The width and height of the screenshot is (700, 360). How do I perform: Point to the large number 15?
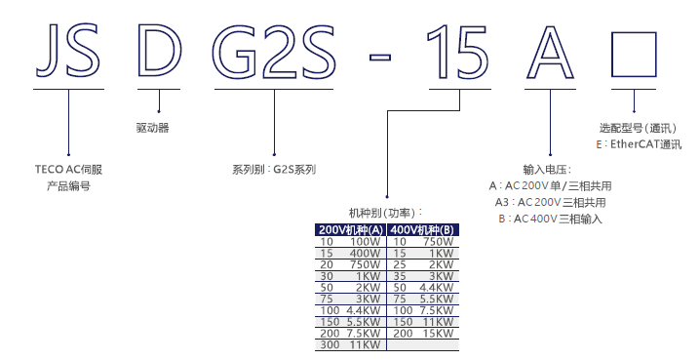point(458,52)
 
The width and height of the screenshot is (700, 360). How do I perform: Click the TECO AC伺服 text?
point(68,169)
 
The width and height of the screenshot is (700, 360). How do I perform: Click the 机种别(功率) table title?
point(386,212)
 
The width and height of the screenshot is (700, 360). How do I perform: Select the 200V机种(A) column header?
point(351,229)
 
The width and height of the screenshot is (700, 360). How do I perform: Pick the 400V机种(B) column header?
point(423,229)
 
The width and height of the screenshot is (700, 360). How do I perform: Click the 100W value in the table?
point(366,241)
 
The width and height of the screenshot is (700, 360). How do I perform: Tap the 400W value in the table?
point(366,253)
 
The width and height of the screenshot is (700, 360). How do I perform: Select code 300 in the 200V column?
point(329,344)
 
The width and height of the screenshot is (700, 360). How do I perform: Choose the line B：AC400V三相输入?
point(550,219)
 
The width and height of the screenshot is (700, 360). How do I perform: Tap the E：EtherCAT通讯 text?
point(640,144)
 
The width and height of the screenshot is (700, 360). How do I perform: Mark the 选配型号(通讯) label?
point(639,128)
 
